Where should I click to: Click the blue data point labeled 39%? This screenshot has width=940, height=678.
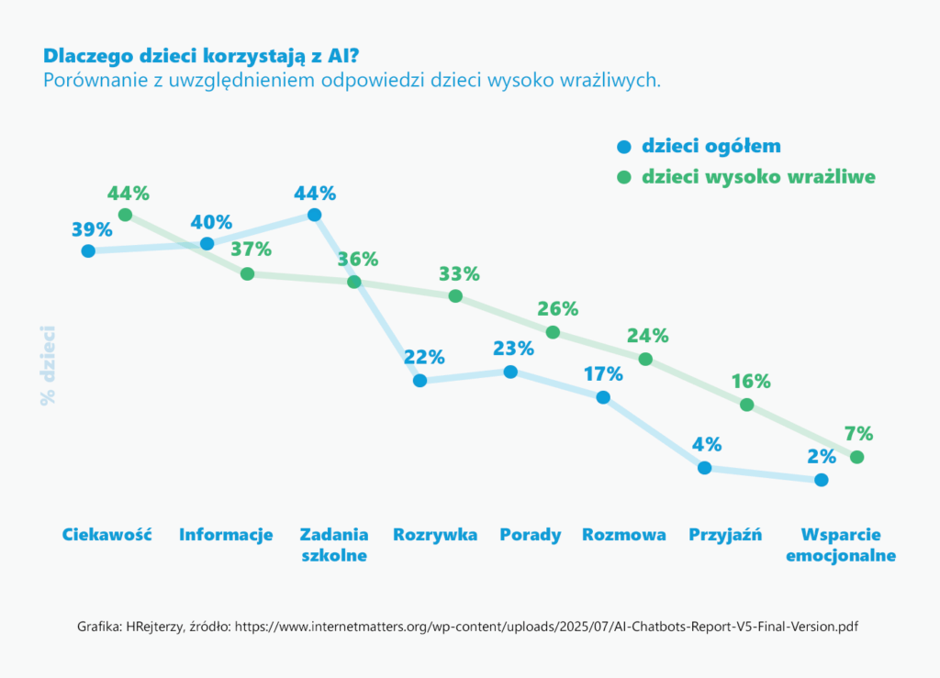[x=88, y=251]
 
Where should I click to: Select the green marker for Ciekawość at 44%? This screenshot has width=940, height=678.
[x=125, y=215]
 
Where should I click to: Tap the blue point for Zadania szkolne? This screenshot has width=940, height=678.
[x=314, y=215]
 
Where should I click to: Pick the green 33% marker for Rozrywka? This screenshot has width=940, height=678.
[x=455, y=295]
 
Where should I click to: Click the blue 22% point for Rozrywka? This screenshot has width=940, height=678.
[x=420, y=381]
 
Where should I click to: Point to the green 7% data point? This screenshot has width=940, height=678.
[x=857, y=457]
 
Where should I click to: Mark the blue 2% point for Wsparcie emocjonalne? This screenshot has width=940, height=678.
[x=822, y=480]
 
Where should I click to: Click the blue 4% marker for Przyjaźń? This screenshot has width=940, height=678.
[x=705, y=468]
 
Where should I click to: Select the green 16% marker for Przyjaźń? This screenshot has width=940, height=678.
[x=746, y=405]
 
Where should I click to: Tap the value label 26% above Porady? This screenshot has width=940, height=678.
[x=557, y=309]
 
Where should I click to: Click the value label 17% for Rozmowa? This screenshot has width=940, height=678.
[x=603, y=374]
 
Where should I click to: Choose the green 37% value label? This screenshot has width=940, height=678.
[x=252, y=250]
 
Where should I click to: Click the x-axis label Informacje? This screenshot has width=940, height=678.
[x=226, y=535]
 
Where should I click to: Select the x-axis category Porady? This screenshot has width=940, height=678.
[x=531, y=535]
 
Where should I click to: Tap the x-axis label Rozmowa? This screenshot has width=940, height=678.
[x=624, y=535]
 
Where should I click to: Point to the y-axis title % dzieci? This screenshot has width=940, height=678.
[x=48, y=365]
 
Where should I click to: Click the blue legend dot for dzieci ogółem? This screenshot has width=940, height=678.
[x=624, y=147]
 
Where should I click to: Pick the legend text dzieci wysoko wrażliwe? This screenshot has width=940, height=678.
[x=758, y=177]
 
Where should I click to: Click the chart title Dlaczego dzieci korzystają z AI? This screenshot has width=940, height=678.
[x=201, y=56]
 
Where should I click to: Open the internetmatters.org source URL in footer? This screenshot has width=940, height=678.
[x=546, y=628]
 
